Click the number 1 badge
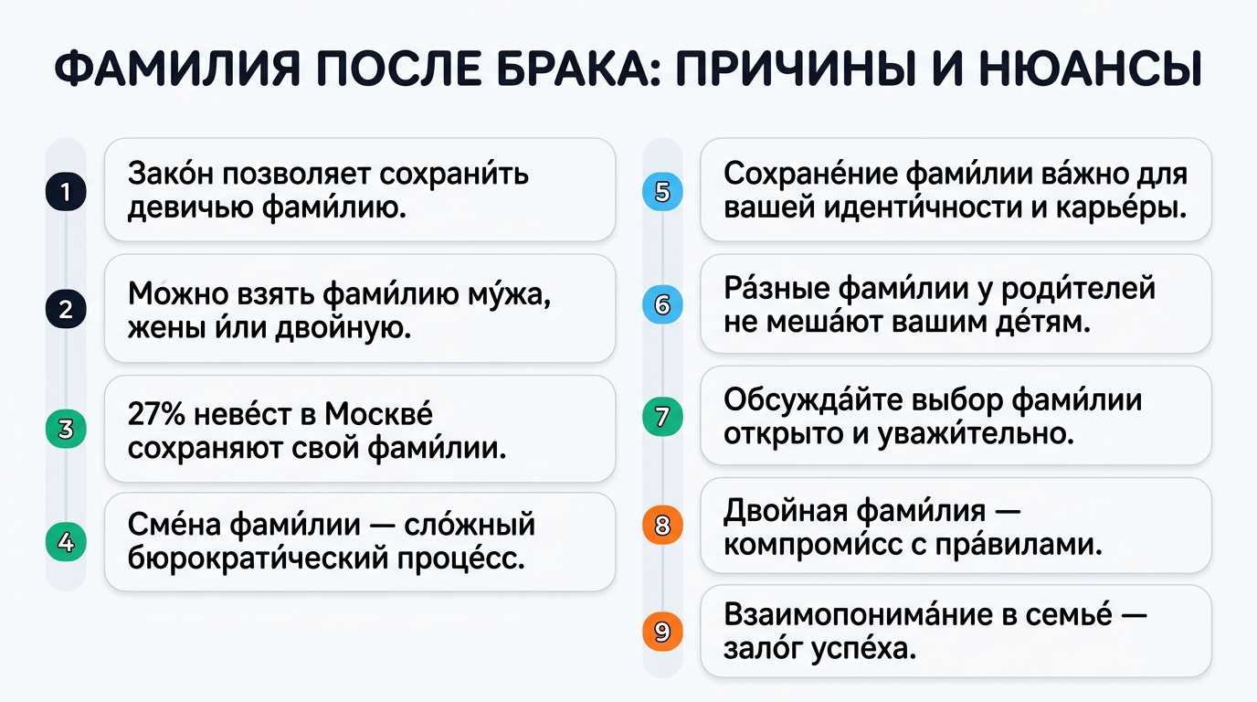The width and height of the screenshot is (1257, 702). [65, 192]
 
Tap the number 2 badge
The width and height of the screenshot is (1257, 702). [65, 309]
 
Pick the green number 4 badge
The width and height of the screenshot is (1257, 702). [65, 542]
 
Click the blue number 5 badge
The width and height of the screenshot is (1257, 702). [663, 192]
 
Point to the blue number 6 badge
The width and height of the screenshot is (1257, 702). [663, 305]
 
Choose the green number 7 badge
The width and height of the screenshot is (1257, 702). [663, 417]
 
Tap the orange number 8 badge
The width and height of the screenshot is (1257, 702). [663, 526]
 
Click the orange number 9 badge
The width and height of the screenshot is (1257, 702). [663, 631]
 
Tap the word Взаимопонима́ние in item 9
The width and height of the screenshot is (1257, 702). [854, 615]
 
